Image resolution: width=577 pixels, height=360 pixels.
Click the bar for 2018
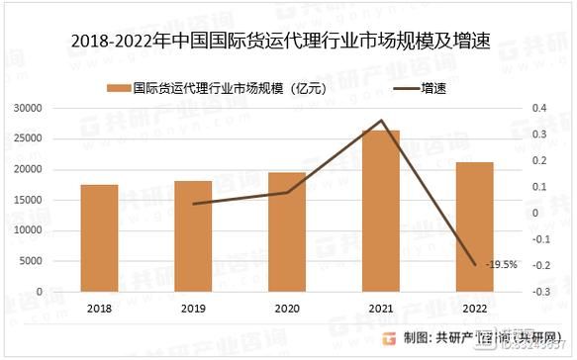pyautogui.click(x=99, y=238)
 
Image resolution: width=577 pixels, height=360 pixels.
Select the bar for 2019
pyautogui.click(x=193, y=236)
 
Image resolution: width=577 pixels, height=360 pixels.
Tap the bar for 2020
pyautogui.click(x=287, y=232)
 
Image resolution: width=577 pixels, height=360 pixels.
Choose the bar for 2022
pyautogui.click(x=475, y=226)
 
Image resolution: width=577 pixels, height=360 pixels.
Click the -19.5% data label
pyautogui.click(x=501, y=264)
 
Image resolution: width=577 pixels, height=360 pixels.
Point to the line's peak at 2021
pyautogui.click(x=381, y=121)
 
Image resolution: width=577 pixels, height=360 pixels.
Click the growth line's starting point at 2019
pyautogui.click(x=193, y=204)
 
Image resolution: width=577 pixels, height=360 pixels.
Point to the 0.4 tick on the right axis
pyautogui.click(x=538, y=108)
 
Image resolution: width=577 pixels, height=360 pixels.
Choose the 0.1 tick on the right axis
pyautogui.click(x=538, y=187)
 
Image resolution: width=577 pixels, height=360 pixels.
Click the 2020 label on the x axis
pyautogui.click(x=287, y=309)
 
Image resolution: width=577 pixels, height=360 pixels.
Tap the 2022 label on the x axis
pyautogui.click(x=475, y=309)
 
